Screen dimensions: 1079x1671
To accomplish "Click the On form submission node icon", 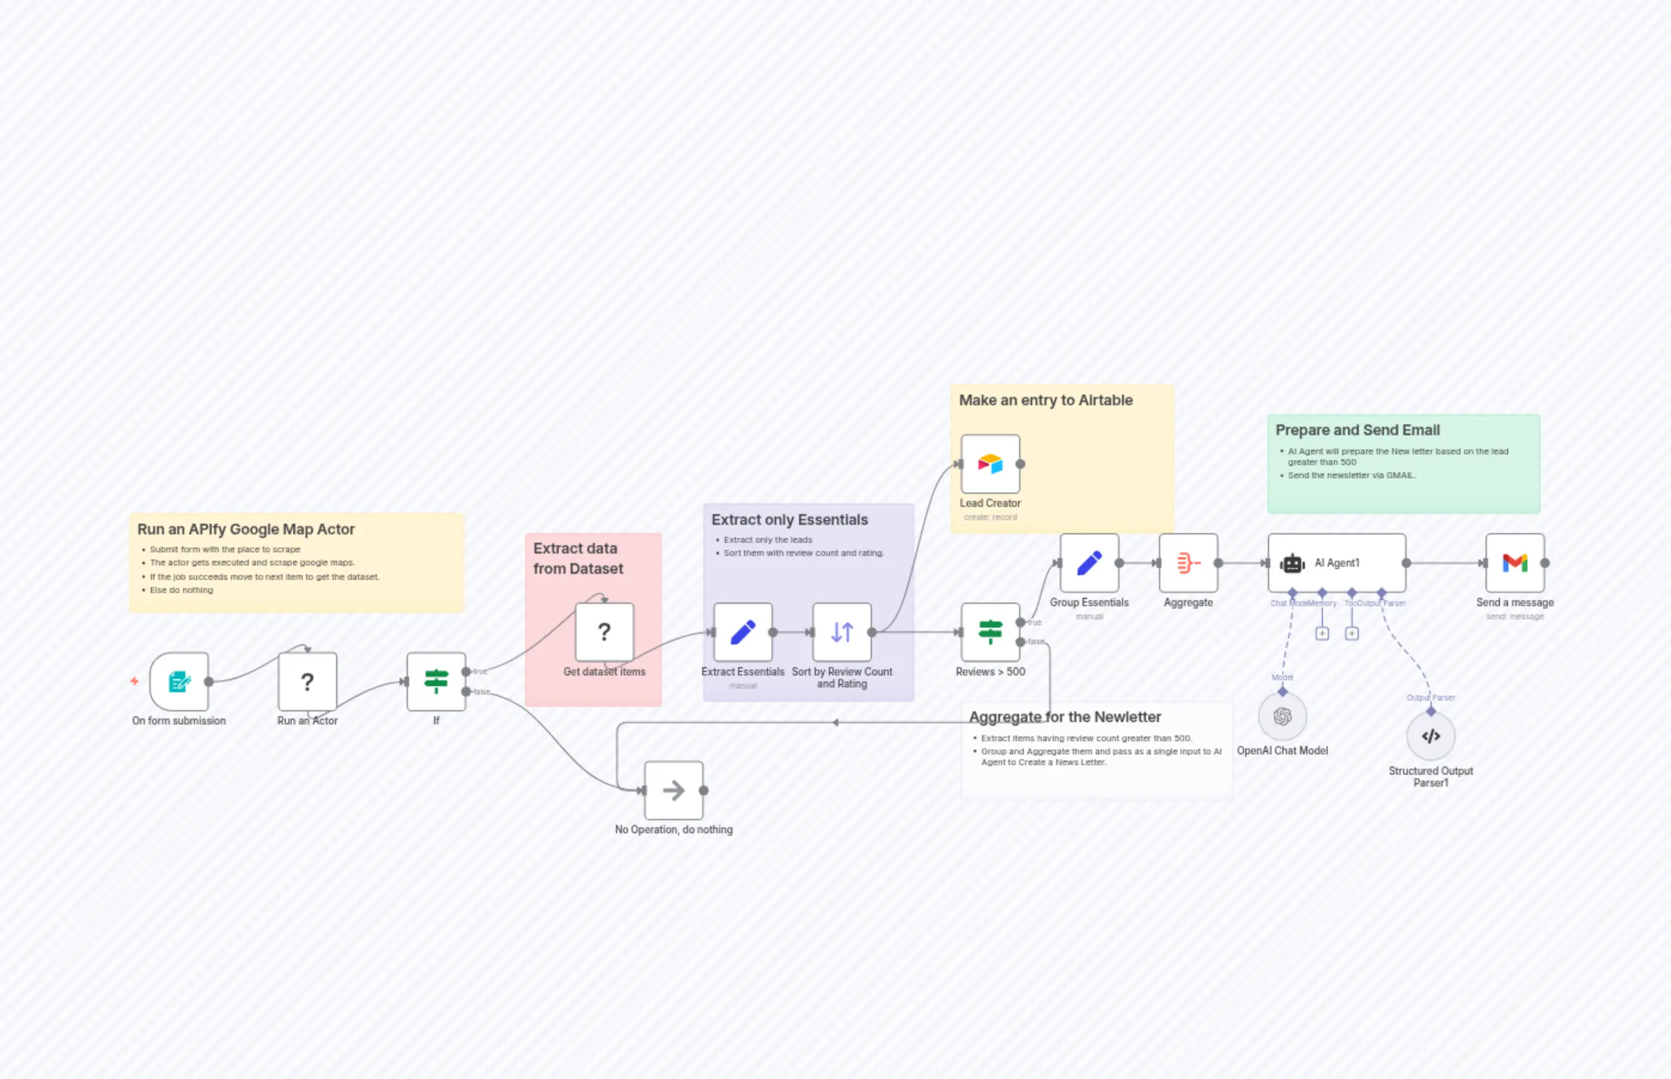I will click(x=179, y=681).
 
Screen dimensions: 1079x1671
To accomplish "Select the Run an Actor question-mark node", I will click(x=307, y=681).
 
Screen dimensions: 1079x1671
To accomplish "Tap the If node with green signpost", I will click(x=436, y=681).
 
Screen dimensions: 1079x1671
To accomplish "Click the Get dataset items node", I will click(x=604, y=632).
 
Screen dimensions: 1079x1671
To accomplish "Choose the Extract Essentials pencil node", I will click(x=743, y=632).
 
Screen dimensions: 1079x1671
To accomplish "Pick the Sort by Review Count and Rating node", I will click(x=842, y=632).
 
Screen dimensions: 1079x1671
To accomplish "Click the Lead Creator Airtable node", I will click(x=990, y=464).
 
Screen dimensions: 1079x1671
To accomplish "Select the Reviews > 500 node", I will click(x=990, y=632).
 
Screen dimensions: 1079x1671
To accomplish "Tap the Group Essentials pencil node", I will click(x=1089, y=563).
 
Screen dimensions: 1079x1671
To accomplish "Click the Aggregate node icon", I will click(x=1188, y=563).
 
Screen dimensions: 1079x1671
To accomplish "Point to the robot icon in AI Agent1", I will click(x=1292, y=563).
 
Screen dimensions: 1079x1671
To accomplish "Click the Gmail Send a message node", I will click(x=1515, y=563).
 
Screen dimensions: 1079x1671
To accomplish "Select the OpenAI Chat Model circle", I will click(x=1282, y=716).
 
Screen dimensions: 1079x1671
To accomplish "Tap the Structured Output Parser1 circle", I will click(x=1431, y=736).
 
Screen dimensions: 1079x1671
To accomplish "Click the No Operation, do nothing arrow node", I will click(x=673, y=790).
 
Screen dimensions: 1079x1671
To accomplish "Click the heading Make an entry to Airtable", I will click(x=1045, y=400).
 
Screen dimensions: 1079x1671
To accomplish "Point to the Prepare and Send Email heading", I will click(x=1357, y=430).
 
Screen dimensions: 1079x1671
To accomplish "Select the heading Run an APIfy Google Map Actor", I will click(x=246, y=530).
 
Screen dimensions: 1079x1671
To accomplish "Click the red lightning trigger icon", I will click(x=134, y=681).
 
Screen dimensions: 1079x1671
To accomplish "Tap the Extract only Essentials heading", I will click(x=789, y=520).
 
